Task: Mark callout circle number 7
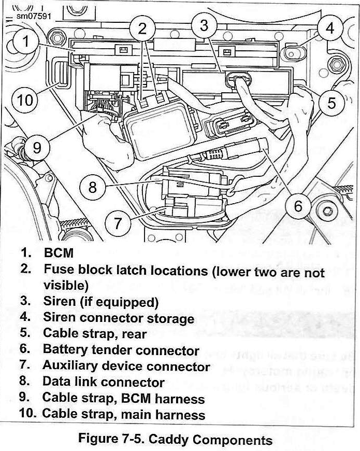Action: [x=118, y=223]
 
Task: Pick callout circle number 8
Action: [x=93, y=187]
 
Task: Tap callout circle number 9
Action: [x=37, y=147]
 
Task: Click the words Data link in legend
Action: [x=70, y=383]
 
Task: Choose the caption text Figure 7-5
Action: [x=110, y=440]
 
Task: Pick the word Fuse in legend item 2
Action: [x=55, y=271]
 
